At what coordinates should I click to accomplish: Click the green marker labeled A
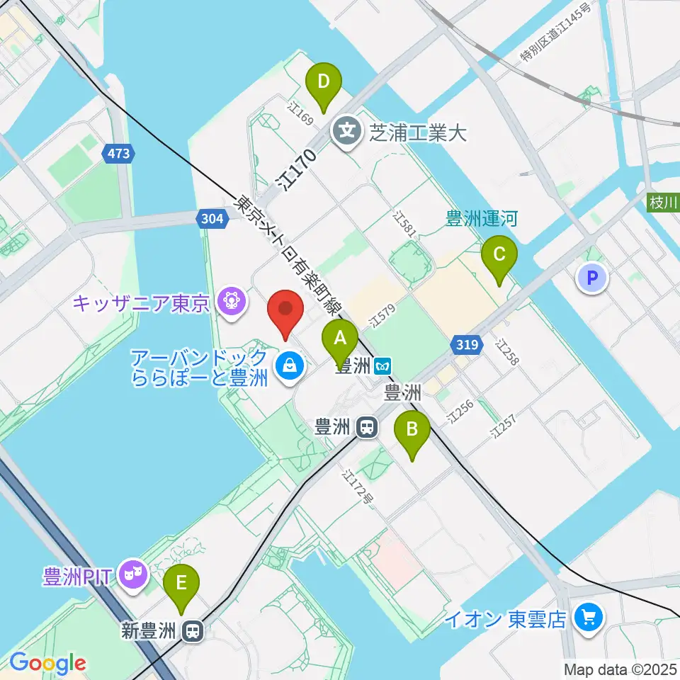(340, 338)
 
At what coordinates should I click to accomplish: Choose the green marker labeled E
(182, 584)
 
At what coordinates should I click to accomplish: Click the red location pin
(285, 310)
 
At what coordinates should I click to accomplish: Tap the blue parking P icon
(592, 277)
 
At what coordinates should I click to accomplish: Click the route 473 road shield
(118, 153)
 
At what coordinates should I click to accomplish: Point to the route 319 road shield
(466, 346)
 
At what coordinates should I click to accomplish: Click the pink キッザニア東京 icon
(231, 302)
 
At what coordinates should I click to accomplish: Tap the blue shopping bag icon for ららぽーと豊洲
(289, 366)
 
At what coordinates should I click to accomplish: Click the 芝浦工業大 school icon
(348, 130)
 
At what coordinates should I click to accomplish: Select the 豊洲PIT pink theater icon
(132, 572)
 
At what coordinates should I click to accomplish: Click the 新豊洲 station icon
(191, 630)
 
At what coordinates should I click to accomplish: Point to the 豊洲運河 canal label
(481, 219)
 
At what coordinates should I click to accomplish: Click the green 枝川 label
(663, 203)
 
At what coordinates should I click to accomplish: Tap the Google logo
(47, 663)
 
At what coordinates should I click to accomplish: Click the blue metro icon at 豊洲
(383, 365)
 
